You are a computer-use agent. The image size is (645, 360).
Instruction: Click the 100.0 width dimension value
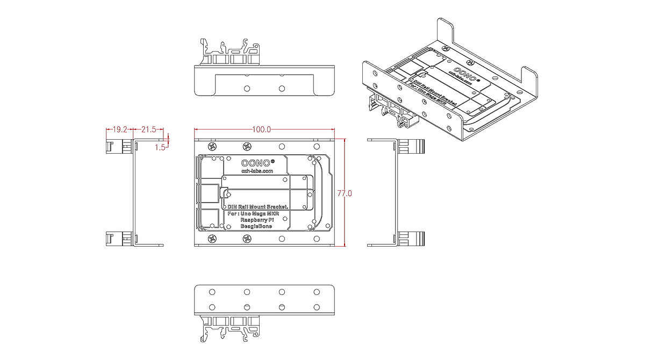[261, 129]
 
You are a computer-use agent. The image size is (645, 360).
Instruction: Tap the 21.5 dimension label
[148, 129]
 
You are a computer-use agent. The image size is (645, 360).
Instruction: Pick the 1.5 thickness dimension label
[160, 147]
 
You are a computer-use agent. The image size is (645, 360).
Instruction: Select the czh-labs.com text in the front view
[257, 171]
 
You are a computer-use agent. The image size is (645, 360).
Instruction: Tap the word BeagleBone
[256, 226]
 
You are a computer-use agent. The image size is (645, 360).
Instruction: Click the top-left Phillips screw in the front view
[212, 146]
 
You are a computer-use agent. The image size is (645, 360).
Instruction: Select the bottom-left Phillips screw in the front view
[212, 239]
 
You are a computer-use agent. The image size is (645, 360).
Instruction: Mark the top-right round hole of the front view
[316, 146]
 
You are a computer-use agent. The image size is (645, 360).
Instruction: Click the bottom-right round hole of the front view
[316, 239]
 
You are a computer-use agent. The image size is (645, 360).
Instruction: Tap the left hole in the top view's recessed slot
[247, 88]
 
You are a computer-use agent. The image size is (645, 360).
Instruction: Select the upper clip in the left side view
[118, 146]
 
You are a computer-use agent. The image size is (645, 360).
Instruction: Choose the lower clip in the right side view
[412, 239]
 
